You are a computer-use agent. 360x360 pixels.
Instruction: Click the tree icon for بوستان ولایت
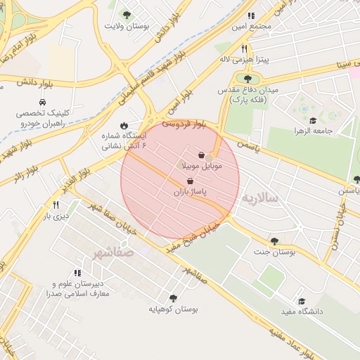(x=127, y=14)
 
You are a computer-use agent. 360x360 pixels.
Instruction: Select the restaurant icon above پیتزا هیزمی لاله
(x=245, y=49)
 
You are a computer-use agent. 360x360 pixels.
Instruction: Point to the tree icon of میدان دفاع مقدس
(x=247, y=78)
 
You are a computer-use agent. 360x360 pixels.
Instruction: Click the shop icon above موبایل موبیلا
(x=202, y=155)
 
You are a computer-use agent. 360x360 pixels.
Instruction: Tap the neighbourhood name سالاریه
(x=260, y=199)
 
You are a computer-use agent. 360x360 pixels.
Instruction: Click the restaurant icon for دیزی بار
(x=55, y=205)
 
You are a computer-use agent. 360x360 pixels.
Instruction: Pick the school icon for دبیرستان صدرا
(x=77, y=272)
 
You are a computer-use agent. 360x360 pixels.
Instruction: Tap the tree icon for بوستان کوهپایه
(x=173, y=298)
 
